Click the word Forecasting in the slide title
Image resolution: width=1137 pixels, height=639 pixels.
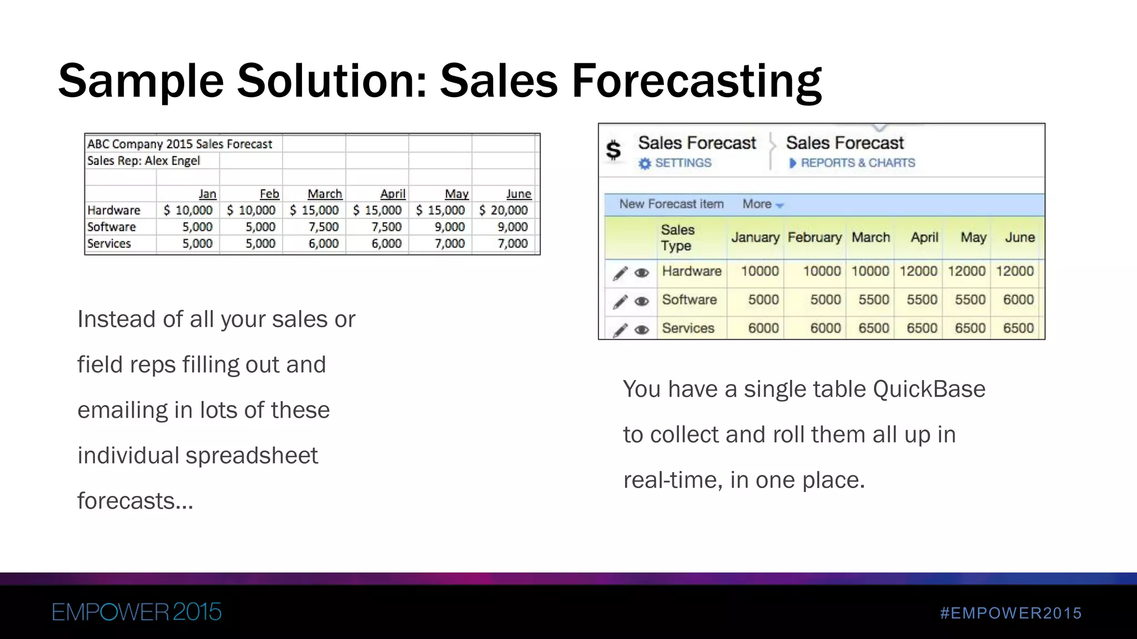click(x=696, y=82)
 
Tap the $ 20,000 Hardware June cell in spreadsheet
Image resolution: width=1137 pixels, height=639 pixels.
click(x=504, y=210)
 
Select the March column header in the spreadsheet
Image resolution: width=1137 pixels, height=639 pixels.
click(x=325, y=194)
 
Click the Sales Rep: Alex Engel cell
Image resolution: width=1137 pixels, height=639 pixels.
click(x=143, y=161)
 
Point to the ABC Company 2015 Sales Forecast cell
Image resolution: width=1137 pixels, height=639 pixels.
click(x=180, y=144)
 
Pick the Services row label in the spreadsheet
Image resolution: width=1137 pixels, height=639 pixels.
click(x=109, y=244)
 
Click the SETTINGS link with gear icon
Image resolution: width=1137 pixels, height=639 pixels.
click(x=676, y=163)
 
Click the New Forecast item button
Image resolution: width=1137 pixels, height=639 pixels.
click(x=671, y=204)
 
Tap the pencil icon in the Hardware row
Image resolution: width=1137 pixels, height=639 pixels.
click(x=620, y=272)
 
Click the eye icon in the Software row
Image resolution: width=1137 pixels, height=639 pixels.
click(x=642, y=301)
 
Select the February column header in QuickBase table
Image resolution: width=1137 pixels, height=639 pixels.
click(x=814, y=237)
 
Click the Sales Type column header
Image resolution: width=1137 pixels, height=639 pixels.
click(x=678, y=237)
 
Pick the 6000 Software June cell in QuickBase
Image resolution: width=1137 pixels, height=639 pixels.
click(x=1018, y=300)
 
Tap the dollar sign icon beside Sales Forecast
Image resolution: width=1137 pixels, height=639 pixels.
click(x=613, y=150)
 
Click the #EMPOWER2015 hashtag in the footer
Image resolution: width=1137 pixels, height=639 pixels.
click(x=1011, y=613)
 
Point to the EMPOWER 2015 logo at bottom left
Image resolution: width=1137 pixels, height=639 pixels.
click(x=137, y=612)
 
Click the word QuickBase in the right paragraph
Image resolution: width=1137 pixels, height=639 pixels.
click(x=929, y=389)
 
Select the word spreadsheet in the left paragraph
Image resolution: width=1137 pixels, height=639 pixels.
click(x=251, y=456)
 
